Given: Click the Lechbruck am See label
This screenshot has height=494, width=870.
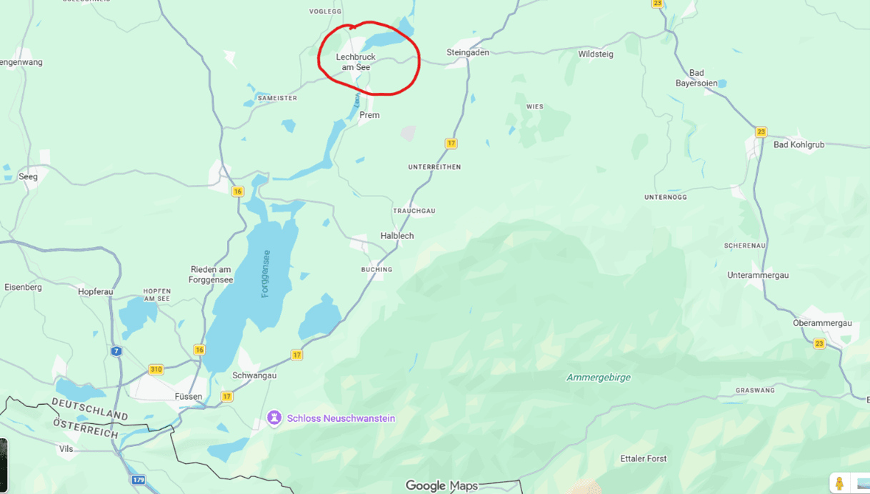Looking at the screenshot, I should (356, 62).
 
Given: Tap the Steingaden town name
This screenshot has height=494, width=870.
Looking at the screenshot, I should (467, 52).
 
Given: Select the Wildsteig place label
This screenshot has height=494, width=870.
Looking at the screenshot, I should (595, 54).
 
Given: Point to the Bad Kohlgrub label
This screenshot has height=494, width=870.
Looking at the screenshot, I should (799, 144).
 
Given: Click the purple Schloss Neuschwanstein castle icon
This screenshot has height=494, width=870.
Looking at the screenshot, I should (274, 418).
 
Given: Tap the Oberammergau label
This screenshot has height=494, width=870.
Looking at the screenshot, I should (822, 323).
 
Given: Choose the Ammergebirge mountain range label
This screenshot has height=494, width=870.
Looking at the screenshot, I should (599, 377).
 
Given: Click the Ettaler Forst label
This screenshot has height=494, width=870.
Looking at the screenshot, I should (643, 458).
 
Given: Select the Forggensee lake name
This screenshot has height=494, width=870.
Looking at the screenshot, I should (266, 274).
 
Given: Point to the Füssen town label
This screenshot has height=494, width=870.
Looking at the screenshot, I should (189, 396).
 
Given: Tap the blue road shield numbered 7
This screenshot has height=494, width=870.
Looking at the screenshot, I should (116, 351).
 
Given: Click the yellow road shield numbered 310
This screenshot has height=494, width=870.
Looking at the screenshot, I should (156, 369).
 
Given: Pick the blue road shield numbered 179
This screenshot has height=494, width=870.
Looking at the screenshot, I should (139, 480).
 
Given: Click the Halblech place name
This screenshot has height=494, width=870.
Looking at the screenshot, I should (397, 236).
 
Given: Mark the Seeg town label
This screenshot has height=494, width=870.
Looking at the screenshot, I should (28, 176).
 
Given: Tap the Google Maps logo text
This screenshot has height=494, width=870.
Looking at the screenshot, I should (441, 485).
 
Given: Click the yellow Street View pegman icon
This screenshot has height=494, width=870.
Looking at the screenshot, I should (839, 483).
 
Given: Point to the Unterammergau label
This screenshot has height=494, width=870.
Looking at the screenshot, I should (758, 275).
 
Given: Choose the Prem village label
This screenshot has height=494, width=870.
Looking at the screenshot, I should (369, 115).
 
